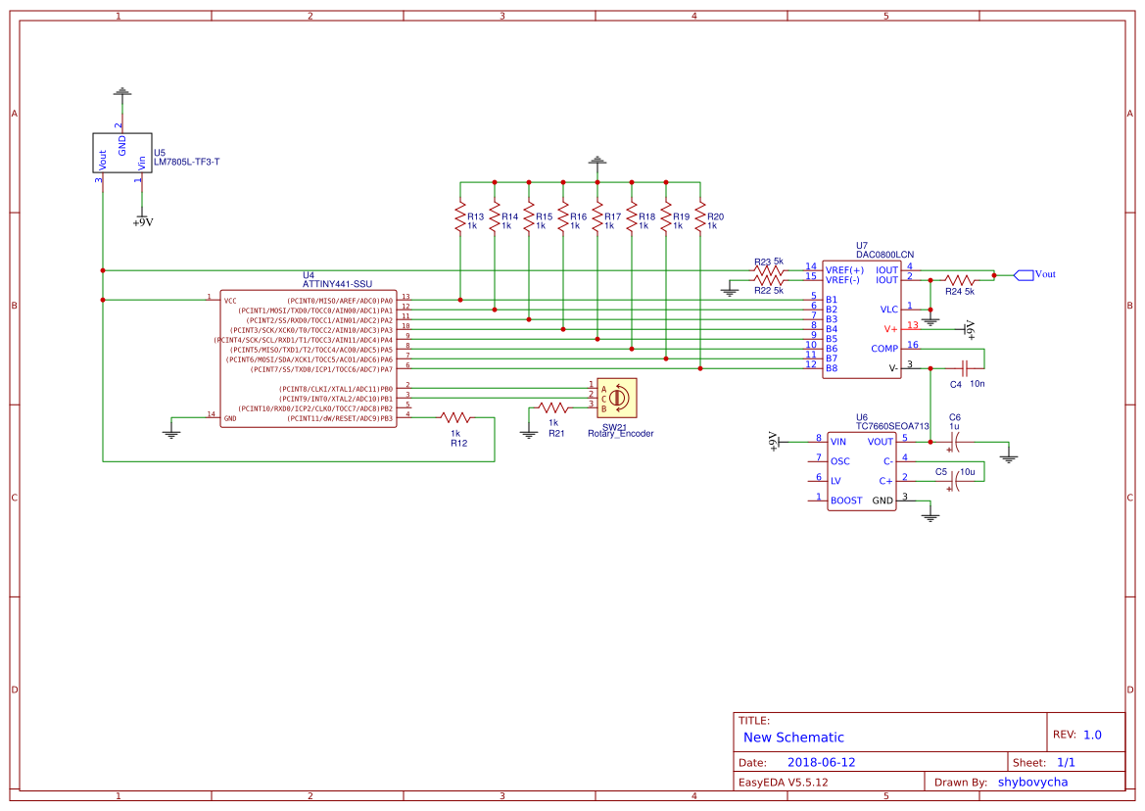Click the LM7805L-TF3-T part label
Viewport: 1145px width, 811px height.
[x=186, y=162]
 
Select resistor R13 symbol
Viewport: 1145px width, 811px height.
[x=459, y=217]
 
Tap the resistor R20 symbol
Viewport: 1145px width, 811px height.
[x=700, y=217]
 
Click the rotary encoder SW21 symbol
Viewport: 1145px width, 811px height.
[x=617, y=397]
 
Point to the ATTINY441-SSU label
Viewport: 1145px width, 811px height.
[x=337, y=284]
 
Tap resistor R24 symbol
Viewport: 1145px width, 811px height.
[x=959, y=279]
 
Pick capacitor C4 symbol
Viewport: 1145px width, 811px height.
[x=965, y=368]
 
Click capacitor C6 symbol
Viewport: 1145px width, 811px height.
[x=955, y=442]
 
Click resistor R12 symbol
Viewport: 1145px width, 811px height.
[x=455, y=417]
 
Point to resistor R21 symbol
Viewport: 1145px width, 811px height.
[x=553, y=407]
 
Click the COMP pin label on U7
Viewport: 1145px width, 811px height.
[x=883, y=349]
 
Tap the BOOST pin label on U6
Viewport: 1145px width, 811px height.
[x=846, y=501]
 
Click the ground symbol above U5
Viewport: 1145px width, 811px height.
[x=121, y=93]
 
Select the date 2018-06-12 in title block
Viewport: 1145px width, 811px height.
[x=821, y=762]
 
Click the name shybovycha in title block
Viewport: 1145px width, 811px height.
[x=1032, y=782]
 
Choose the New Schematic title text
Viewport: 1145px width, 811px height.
[x=793, y=738]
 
